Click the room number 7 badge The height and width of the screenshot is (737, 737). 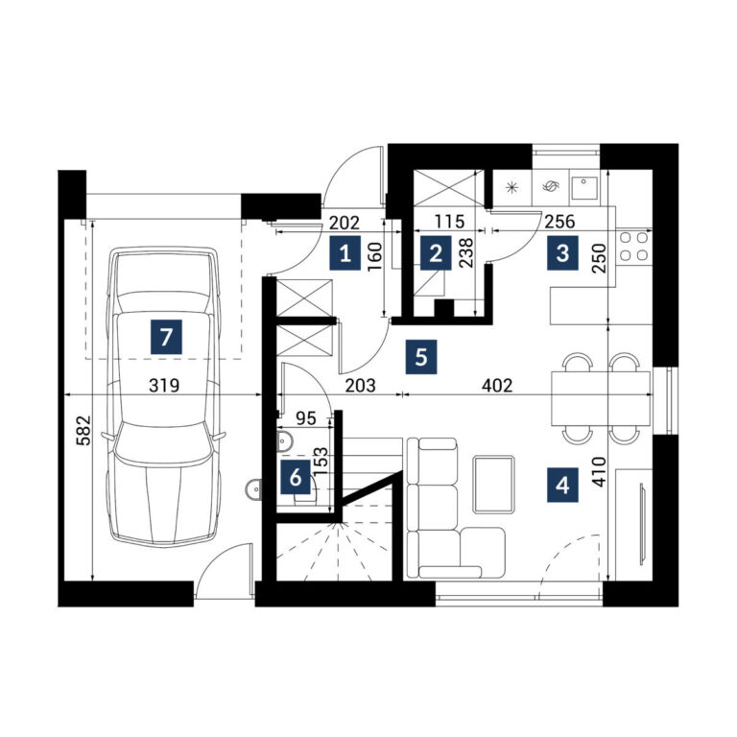pyautogui.click(x=166, y=337)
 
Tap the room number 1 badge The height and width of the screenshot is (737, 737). pyautogui.click(x=345, y=253)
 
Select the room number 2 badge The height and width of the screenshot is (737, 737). pyautogui.click(x=436, y=253)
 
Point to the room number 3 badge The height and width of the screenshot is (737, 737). pyautogui.click(x=562, y=253)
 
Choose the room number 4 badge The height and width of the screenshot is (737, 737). pyautogui.click(x=562, y=485)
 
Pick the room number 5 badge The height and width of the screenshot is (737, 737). pyautogui.click(x=421, y=357)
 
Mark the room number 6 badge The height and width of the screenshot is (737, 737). pyautogui.click(x=296, y=477)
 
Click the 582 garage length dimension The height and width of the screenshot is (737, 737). pyautogui.click(x=83, y=431)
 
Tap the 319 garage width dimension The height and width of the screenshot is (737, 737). pyautogui.click(x=164, y=386)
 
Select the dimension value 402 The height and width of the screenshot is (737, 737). pyautogui.click(x=497, y=386)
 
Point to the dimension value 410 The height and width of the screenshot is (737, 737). pyautogui.click(x=600, y=471)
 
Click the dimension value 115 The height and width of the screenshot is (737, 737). pyautogui.click(x=449, y=222)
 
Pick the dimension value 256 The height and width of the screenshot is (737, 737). pyautogui.click(x=559, y=222)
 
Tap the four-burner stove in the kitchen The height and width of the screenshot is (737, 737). pyautogui.click(x=633, y=247)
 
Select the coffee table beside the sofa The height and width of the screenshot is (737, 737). pyautogui.click(x=493, y=484)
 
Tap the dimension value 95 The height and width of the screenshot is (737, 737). pyautogui.click(x=306, y=417)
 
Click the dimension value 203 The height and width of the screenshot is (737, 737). pyautogui.click(x=361, y=386)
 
